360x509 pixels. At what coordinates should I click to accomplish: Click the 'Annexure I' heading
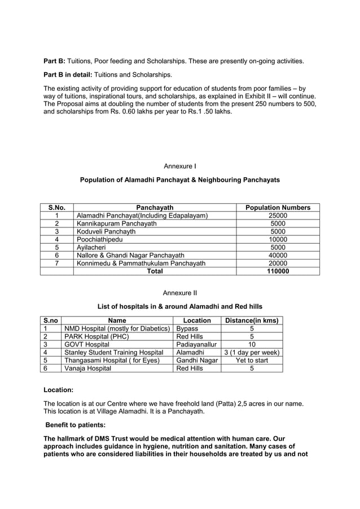(179, 166)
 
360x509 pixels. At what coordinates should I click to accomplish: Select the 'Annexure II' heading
(179, 293)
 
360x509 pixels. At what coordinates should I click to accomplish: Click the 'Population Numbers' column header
(278, 208)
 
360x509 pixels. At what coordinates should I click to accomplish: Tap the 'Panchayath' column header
(155, 208)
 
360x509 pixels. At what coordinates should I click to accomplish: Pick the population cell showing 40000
(278, 255)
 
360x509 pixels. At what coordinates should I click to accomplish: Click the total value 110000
(278, 271)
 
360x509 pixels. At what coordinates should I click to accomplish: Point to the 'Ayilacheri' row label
(92, 247)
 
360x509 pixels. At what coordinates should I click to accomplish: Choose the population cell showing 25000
(278, 216)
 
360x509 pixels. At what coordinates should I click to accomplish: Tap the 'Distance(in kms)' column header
(252, 321)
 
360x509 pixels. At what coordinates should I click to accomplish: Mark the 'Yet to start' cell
(252, 360)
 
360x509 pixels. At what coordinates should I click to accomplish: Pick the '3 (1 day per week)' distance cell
(252, 352)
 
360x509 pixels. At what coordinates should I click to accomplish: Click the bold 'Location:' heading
(58, 390)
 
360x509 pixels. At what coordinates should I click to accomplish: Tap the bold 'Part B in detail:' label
(68, 74)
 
